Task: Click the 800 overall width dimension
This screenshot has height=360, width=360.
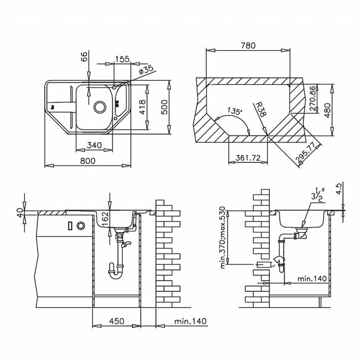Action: pos(87,161)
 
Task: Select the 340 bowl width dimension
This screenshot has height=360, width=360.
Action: pos(95,145)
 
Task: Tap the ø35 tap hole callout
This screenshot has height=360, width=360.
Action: pos(146,70)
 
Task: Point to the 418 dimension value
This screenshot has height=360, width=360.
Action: pos(142,107)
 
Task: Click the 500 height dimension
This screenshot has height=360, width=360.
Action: pos(165,107)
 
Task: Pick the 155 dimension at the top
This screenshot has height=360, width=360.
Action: pos(122,59)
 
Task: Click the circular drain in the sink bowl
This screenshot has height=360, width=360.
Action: pos(100,107)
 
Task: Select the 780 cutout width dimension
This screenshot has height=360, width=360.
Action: pos(248,46)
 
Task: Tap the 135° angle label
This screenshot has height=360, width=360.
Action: pos(235,112)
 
